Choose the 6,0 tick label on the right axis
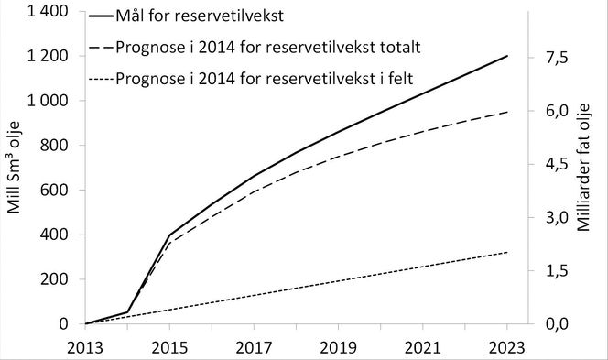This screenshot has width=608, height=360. (x=556, y=112)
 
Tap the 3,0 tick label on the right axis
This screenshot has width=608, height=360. (x=556, y=218)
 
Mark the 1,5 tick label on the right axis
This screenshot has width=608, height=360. (x=556, y=271)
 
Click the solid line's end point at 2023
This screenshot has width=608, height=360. (x=507, y=56)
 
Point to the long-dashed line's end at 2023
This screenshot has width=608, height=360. (x=507, y=112)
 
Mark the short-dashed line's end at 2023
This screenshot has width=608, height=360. (x=507, y=252)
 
